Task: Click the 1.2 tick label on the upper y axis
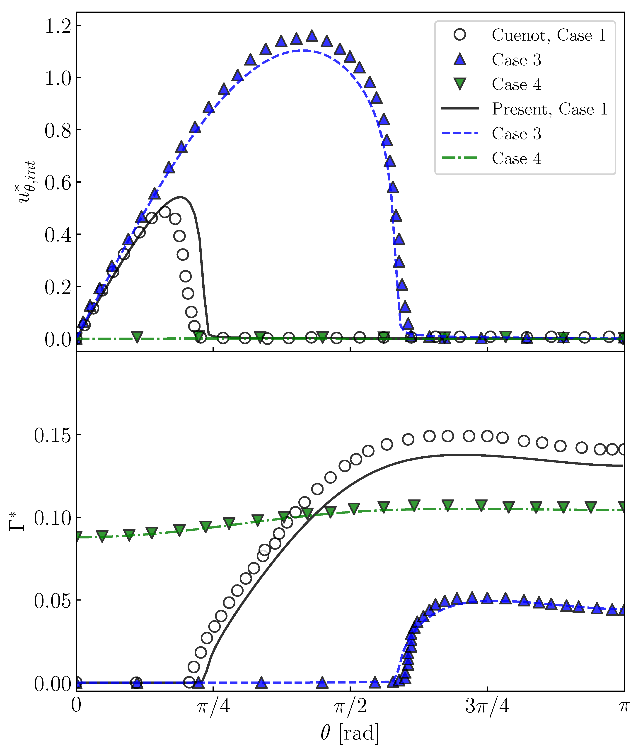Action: (58, 26)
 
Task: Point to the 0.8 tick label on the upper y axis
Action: (58, 131)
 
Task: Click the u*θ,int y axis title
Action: (27, 181)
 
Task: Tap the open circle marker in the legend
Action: (460, 35)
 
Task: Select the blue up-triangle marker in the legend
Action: (460, 59)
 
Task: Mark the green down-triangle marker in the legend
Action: (460, 84)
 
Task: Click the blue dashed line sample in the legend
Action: (460, 133)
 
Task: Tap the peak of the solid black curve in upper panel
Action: (181, 197)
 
